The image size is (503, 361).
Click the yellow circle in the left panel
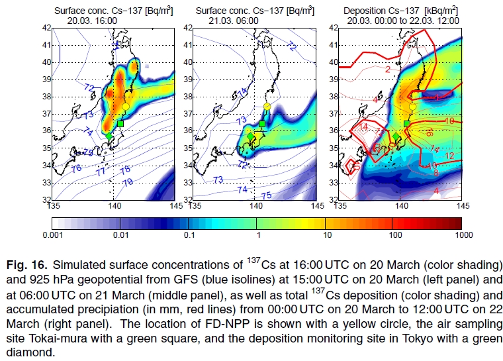coord(126,106)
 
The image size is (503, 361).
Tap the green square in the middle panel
coord(262,124)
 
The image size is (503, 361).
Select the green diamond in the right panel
coord(395,137)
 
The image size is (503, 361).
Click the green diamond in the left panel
coord(110,136)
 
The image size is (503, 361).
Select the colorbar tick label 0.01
coord(120,234)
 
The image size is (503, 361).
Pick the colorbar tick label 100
coord(390,234)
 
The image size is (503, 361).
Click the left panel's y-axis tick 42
coord(47,28)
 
